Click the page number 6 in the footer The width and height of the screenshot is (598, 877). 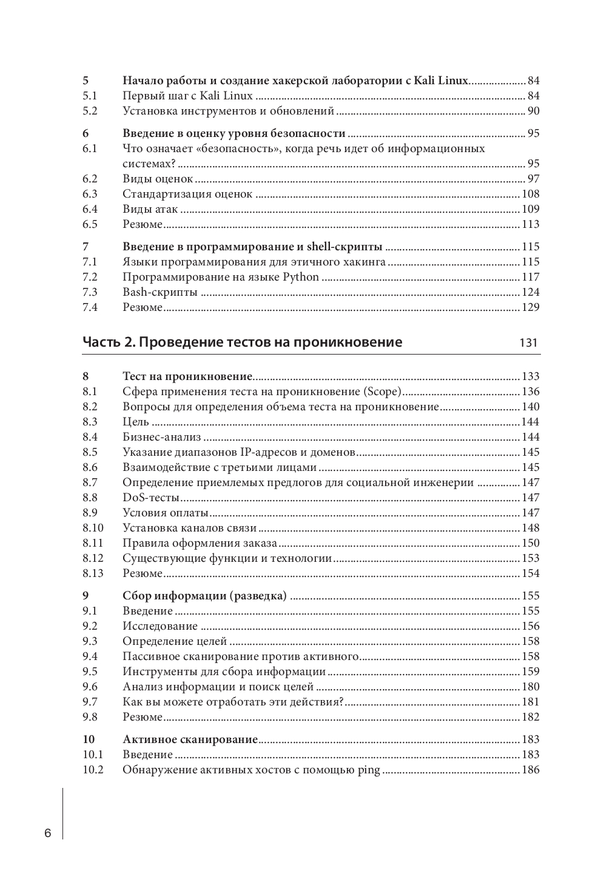tap(48, 833)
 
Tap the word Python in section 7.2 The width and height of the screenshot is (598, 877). tap(300, 277)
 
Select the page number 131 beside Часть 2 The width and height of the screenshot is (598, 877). tap(528, 342)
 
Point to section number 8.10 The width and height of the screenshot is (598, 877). tap(93, 528)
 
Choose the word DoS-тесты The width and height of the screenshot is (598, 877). tap(151, 498)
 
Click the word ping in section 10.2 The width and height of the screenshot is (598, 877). tap(369, 770)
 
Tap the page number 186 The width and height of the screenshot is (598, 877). tap(530, 770)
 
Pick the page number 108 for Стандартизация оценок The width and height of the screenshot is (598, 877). tap(530, 194)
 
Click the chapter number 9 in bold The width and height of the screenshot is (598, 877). tap(86, 596)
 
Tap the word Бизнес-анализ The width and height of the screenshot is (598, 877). tap(161, 437)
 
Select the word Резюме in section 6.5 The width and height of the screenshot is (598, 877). tap(143, 224)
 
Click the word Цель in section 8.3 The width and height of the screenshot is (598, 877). tap(136, 422)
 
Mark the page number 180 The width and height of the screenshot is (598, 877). tap(530, 687)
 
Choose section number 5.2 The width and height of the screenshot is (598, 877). tap(90, 111)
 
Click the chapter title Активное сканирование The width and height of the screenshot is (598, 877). tap(190, 739)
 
